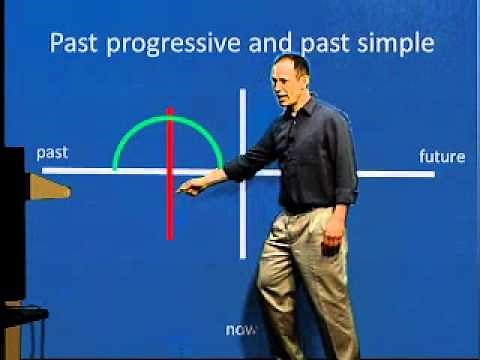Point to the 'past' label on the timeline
point(52,153)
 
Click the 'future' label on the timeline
point(440,156)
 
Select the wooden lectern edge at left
point(45,185)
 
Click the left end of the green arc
point(115,168)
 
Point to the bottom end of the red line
point(170,238)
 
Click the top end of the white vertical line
point(243,91)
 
